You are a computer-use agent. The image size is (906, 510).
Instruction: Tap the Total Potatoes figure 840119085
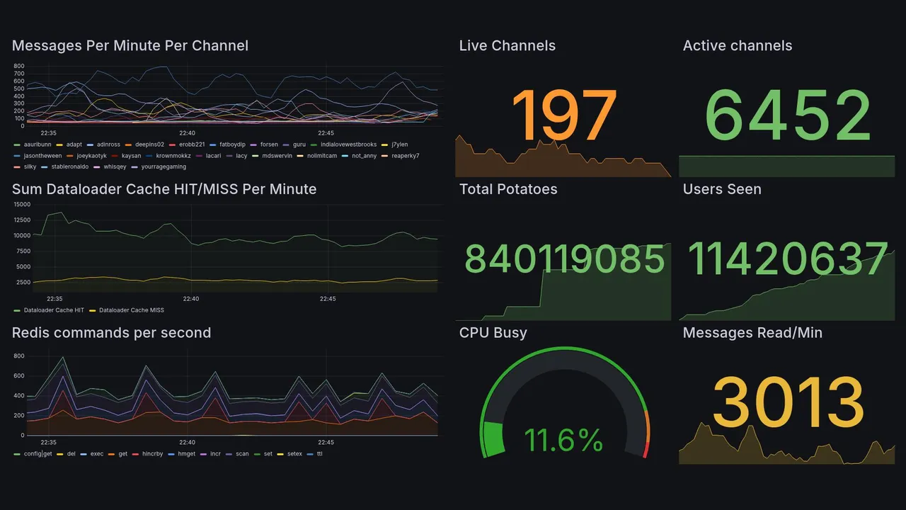pyautogui.click(x=564, y=259)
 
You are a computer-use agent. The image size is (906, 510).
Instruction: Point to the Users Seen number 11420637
pyautogui.click(x=787, y=259)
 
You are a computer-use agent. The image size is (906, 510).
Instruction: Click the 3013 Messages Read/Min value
pyautogui.click(x=788, y=402)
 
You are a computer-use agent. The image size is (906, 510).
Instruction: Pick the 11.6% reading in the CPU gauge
pyautogui.click(x=563, y=440)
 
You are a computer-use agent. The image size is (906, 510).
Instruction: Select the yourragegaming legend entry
pyautogui.click(x=164, y=166)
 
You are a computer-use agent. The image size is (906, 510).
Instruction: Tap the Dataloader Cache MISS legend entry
pyautogui.click(x=131, y=310)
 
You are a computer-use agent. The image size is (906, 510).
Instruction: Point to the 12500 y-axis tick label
pyautogui.click(x=22, y=220)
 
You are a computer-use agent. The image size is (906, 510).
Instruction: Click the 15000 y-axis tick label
pyautogui.click(x=22, y=204)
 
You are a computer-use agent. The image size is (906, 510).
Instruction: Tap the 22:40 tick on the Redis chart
pyautogui.click(x=187, y=442)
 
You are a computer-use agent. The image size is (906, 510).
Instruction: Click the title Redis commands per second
pyautogui.click(x=111, y=333)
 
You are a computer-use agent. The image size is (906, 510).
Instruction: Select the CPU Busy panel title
pyautogui.click(x=493, y=333)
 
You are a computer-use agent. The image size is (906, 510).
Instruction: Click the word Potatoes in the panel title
pyautogui.click(x=527, y=189)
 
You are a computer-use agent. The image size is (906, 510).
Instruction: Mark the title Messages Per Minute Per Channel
pyautogui.click(x=130, y=46)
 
